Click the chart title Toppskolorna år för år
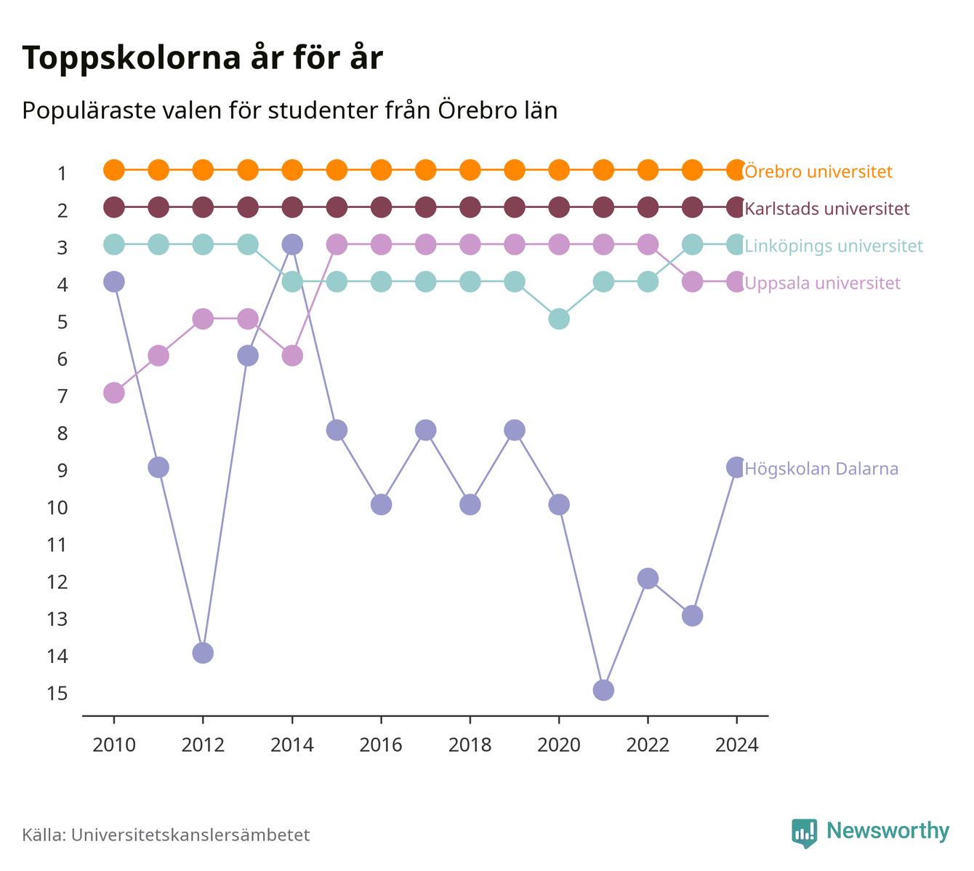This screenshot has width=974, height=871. point(202,57)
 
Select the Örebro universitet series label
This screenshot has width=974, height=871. point(818,171)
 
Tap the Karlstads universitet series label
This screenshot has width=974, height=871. point(827,208)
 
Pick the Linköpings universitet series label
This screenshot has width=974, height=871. point(834,246)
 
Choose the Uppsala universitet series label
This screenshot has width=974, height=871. point(822,283)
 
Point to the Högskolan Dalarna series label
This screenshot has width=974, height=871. point(821,468)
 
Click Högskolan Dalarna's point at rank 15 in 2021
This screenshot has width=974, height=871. point(603,690)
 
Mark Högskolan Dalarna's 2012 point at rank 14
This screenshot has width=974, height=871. point(203,653)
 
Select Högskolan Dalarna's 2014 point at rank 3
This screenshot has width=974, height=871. point(291,244)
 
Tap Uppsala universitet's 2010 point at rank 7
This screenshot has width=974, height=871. point(114,393)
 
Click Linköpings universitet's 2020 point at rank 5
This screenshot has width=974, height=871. point(559,319)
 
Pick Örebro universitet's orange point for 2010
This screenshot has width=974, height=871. point(114,170)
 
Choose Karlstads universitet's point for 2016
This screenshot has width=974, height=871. point(381,207)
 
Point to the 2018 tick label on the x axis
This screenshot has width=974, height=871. point(470,745)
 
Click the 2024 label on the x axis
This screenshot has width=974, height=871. point(736,745)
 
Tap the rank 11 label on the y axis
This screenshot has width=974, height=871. point(57,545)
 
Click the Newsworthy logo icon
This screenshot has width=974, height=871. point(805,833)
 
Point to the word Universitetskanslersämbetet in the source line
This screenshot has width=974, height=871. point(190,835)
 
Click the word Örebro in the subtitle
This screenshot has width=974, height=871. point(472,110)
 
